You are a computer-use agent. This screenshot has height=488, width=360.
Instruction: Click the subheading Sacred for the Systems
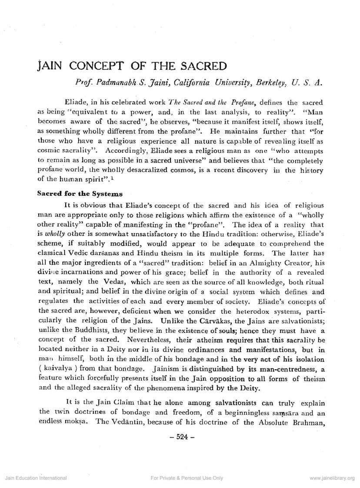pos(80,194)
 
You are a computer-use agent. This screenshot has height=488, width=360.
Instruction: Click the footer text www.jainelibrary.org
pos(332,478)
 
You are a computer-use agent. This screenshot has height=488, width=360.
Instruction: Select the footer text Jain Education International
pos(36,478)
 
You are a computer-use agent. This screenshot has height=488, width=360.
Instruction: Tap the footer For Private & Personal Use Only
pos(187,478)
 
